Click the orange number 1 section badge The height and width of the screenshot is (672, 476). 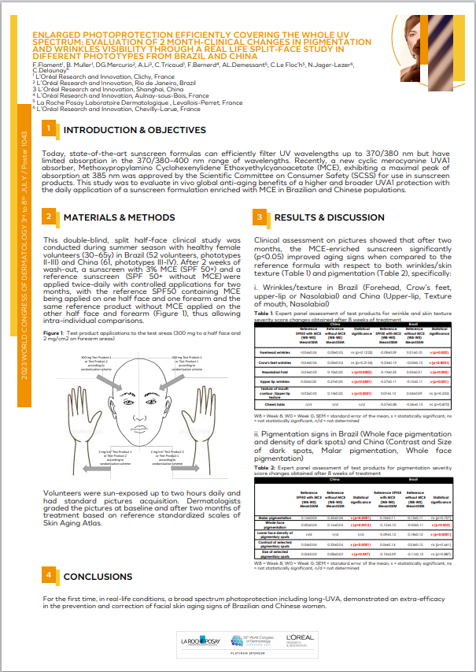point(49,129)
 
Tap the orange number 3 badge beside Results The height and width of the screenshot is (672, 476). point(260,217)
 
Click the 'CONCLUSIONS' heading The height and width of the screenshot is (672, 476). point(98,577)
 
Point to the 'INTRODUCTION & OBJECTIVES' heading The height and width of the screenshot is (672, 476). point(135,129)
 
